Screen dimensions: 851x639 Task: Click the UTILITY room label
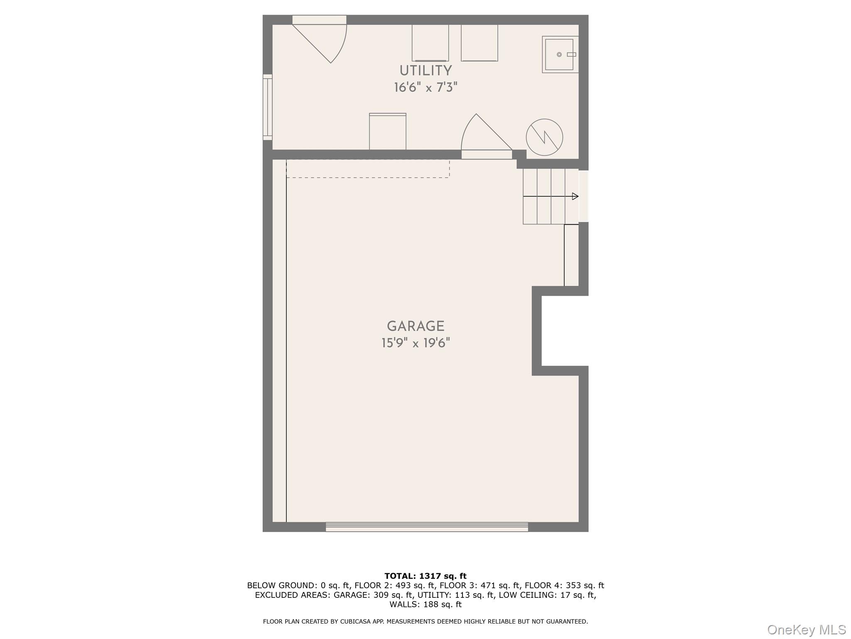425,71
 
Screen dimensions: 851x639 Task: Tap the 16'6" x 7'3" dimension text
425,87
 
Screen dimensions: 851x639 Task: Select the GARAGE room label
416,326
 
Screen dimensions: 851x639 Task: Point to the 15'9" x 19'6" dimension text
416,343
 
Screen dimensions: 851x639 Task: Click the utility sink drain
559,54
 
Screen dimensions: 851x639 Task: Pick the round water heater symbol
544,137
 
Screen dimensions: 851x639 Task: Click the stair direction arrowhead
575,196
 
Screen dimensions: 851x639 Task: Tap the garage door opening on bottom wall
427,527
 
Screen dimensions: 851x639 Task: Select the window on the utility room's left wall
268,107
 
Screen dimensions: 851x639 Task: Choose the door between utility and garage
486,135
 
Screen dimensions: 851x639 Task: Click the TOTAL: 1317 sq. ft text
425,576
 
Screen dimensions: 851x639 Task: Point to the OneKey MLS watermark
807,630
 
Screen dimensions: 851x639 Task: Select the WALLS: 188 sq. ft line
425,604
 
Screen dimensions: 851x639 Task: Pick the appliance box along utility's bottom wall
388,131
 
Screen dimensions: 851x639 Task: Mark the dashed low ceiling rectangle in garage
368,169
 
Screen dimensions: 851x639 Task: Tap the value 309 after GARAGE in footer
381,595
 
